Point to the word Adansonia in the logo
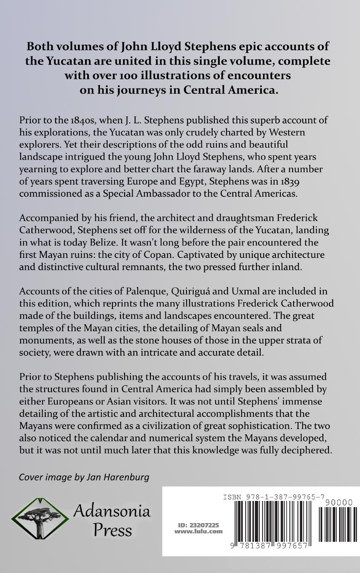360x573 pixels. (x=112, y=511)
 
